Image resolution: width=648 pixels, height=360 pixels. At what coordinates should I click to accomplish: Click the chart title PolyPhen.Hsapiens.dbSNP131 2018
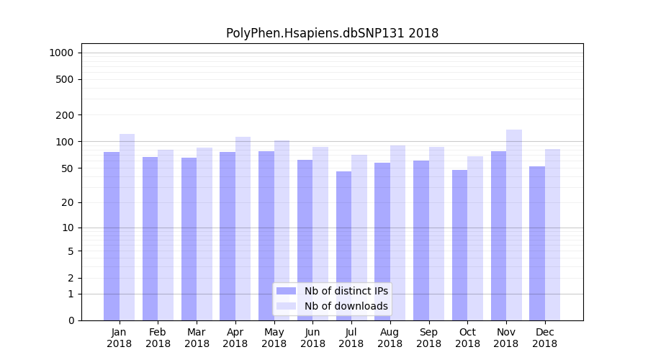332,33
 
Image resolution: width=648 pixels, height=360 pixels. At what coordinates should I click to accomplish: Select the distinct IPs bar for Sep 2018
421,240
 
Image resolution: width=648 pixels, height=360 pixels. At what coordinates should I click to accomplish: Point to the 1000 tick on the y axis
61,53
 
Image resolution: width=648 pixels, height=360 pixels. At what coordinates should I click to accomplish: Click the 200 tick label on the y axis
66,115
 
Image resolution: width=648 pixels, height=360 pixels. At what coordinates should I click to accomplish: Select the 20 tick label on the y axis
68,202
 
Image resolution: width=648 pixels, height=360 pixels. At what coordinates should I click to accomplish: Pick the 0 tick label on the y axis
71,320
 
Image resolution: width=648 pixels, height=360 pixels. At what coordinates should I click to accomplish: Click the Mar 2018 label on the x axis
197,338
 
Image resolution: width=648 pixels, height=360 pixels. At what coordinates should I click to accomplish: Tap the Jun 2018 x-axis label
312,338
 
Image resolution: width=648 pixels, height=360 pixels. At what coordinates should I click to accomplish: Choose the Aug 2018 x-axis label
390,338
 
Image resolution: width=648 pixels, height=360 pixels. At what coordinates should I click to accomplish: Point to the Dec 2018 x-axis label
545,338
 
